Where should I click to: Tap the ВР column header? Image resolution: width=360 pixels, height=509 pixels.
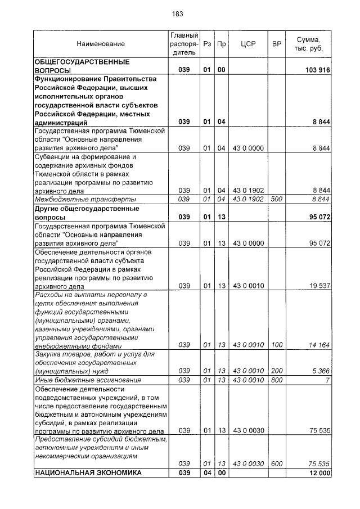pyautogui.click(x=276, y=43)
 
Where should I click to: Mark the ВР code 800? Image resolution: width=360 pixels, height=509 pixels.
pyautogui.click(x=276, y=380)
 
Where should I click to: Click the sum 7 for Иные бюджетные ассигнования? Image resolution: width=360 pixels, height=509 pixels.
pyautogui.click(x=327, y=380)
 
